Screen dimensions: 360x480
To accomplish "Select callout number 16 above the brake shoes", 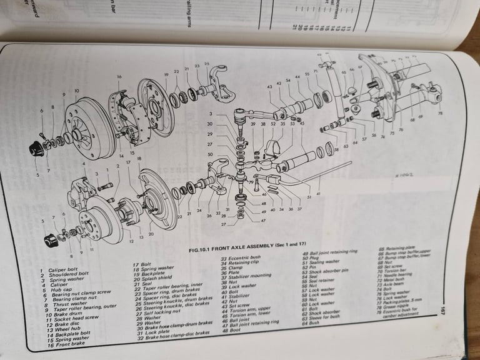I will tap(119, 77).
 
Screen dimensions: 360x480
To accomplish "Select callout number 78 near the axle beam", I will tap(439, 114).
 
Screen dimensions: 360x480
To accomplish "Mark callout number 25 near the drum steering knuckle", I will tap(207, 64).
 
